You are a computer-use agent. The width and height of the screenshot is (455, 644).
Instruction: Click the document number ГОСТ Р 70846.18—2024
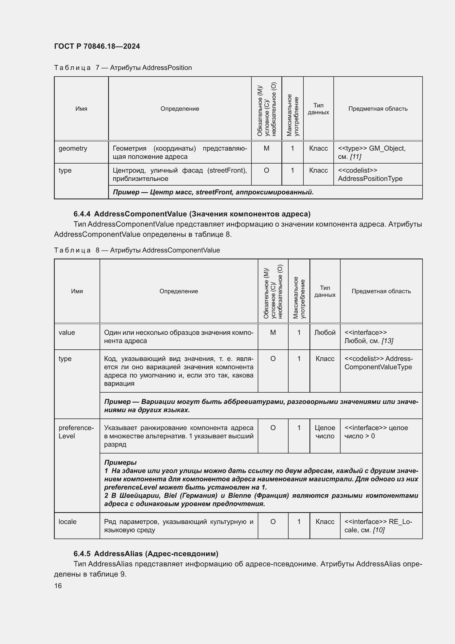coord(97,46)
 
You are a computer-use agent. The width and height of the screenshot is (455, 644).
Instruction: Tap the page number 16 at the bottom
coord(58,586)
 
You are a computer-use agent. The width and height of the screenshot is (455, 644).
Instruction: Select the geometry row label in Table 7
coord(73,148)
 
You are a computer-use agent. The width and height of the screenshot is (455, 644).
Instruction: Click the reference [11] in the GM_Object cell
coord(355,156)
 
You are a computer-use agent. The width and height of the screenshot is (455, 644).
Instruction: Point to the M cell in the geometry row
coord(266,148)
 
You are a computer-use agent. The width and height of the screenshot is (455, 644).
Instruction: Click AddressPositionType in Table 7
coord(370,179)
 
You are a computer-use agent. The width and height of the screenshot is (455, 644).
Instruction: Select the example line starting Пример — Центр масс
coord(213,192)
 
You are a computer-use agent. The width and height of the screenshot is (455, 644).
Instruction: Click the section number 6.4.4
coord(82,214)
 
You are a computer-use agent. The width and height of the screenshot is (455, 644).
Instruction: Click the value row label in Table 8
coord(67,333)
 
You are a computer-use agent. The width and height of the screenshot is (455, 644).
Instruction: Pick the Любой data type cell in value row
coord(325,333)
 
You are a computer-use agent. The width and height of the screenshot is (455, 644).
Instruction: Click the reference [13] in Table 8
coord(388,341)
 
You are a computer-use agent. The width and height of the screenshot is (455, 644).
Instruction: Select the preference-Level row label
coord(76,432)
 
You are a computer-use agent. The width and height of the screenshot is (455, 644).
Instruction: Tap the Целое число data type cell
coord(325,432)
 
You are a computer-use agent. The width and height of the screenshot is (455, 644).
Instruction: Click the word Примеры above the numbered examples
coord(120,463)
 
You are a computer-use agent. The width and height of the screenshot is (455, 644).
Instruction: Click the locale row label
coord(67,522)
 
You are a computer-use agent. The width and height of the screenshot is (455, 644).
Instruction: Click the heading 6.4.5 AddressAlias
coord(146,554)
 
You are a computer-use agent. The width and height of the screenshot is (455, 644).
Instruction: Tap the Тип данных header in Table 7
coord(318,109)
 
